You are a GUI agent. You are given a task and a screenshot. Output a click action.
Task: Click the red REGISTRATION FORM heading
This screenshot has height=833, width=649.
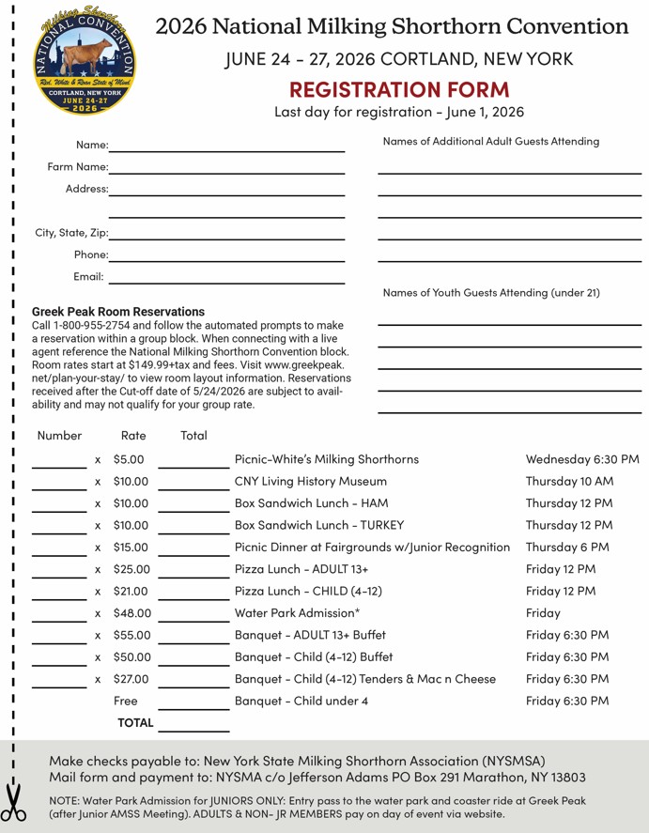pos(399,89)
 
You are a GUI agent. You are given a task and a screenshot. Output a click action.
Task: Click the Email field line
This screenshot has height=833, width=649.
pos(227,279)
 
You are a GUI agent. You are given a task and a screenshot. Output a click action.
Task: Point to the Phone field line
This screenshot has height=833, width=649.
pos(227,256)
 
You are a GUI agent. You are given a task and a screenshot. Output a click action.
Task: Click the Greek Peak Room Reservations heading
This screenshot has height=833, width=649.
pos(118,311)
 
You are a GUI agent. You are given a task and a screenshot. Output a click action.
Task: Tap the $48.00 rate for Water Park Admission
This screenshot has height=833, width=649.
pos(131,613)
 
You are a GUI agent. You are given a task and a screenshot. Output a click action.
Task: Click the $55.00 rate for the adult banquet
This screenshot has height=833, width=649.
pos(131,635)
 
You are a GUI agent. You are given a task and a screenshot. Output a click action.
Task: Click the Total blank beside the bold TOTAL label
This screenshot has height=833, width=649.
pos(193,725)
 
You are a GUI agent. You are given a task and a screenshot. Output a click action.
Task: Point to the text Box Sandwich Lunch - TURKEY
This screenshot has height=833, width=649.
pos(319,525)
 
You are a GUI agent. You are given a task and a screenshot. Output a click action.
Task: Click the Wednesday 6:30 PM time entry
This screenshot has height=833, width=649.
pos(582,459)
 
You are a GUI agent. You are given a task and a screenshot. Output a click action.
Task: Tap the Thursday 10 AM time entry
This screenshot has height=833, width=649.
pos(569,481)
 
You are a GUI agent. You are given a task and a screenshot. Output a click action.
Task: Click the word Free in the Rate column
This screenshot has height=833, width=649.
pos(125,701)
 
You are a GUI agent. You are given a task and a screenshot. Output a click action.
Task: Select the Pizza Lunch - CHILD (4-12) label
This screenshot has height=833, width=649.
pos(308,591)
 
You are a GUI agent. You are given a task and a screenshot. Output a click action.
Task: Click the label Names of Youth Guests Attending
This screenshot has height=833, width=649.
pos(491,293)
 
